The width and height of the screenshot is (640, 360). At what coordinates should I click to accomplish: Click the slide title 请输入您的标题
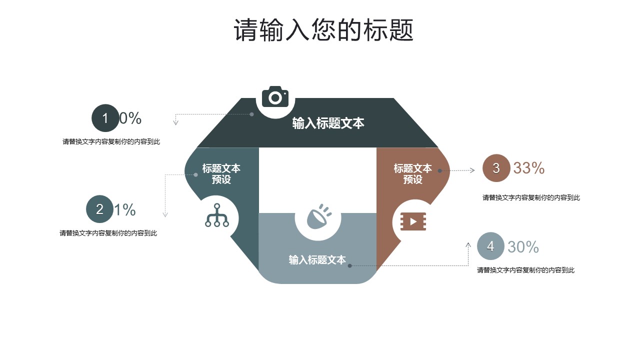[323, 31]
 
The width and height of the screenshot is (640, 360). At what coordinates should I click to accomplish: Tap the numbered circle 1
[105, 118]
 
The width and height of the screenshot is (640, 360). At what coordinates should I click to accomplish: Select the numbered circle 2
[99, 209]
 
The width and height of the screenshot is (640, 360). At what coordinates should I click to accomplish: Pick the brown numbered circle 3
[496, 168]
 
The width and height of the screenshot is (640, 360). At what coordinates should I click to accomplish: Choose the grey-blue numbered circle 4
[490, 246]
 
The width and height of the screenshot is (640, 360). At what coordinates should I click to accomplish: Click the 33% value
[529, 168]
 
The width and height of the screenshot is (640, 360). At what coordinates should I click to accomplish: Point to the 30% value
[523, 247]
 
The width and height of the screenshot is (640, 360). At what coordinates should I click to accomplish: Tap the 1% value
[125, 210]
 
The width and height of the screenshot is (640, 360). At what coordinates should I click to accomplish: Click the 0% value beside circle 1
[130, 118]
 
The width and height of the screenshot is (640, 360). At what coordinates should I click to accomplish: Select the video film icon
[413, 221]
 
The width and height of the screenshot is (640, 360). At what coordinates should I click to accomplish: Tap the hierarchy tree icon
[217, 215]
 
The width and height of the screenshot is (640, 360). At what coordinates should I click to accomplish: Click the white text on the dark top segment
[328, 123]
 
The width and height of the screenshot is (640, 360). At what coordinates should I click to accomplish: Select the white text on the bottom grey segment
[317, 260]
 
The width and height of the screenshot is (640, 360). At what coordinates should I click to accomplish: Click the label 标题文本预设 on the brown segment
[412, 173]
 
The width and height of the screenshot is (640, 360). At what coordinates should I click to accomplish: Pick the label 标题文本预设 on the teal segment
[221, 173]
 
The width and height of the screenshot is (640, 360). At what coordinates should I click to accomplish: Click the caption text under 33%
[531, 198]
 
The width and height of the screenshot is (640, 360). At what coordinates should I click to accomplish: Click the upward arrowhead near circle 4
[468, 245]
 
